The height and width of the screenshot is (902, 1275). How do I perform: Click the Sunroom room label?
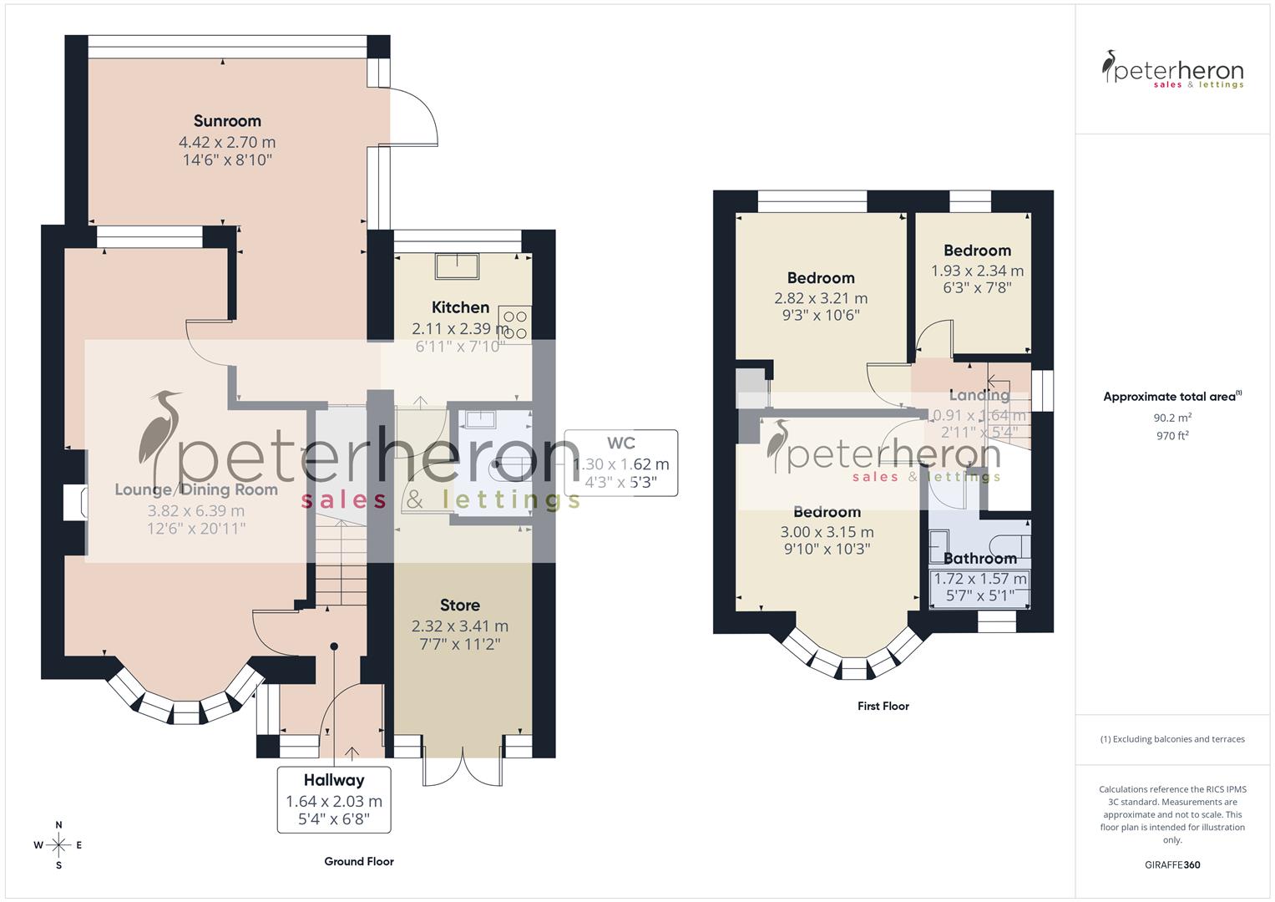coord(227,121)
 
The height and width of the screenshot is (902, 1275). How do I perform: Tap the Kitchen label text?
coord(460,307)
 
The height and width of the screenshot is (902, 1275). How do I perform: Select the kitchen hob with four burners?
coord(514,324)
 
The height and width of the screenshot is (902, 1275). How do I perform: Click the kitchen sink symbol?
coord(457,266)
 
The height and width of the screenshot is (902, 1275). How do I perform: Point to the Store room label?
coord(459,606)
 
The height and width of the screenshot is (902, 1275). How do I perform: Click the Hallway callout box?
coord(334,800)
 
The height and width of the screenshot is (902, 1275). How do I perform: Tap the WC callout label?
coord(621,443)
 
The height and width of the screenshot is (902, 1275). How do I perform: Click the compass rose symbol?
coord(58,844)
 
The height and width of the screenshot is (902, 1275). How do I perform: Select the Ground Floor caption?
coord(358,861)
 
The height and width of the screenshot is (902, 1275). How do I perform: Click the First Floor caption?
coord(883,706)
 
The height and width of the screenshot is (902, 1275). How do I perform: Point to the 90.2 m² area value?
coord(1172,418)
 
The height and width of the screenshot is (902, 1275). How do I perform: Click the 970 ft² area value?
coord(1172,435)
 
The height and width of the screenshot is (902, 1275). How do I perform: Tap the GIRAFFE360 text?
coord(1171,864)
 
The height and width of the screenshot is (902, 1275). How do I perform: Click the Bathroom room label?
coord(979,559)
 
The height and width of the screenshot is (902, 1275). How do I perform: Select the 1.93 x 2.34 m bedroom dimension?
coord(977,271)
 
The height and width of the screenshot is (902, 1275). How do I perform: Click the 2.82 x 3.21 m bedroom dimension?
coord(820,298)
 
